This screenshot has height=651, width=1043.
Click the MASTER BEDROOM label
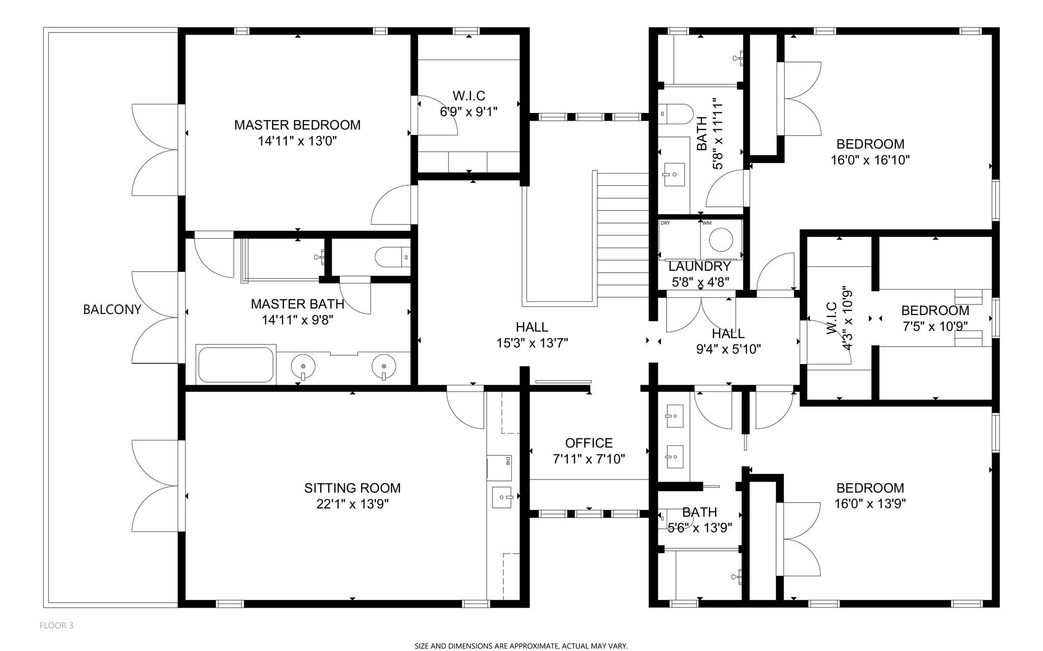click(297, 125)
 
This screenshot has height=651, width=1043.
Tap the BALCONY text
click(112, 309)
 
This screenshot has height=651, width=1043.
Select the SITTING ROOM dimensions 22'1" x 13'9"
click(352, 504)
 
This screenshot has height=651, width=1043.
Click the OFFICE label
click(589, 443)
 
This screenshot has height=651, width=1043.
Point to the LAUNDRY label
click(699, 266)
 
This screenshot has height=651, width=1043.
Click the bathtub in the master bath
click(235, 364)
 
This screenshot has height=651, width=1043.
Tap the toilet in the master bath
click(392, 257)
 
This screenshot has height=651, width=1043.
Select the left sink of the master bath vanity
click(303, 366)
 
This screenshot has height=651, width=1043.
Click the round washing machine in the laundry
click(721, 240)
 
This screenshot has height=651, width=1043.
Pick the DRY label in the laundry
click(665, 223)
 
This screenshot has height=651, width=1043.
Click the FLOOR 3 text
click(56, 626)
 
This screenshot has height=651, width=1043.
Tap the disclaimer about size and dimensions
click(521, 646)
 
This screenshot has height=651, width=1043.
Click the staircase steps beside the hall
click(622, 234)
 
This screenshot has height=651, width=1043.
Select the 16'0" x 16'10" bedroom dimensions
click(870, 160)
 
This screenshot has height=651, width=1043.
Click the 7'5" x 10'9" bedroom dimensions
click(935, 326)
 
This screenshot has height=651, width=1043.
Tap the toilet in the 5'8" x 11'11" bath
click(675, 115)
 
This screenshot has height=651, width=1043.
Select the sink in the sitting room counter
click(502, 497)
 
